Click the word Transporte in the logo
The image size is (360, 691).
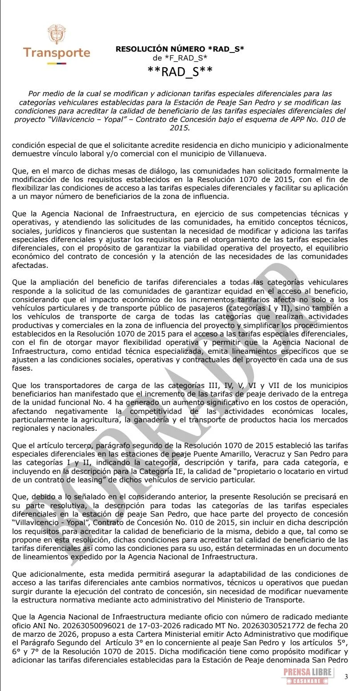[x=57, y=53]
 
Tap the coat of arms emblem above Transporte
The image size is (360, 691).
[x=57, y=34]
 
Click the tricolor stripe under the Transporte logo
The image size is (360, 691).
[x=57, y=63]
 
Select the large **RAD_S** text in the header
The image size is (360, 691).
[x=180, y=71]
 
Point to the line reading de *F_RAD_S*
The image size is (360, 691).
[x=180, y=58]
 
